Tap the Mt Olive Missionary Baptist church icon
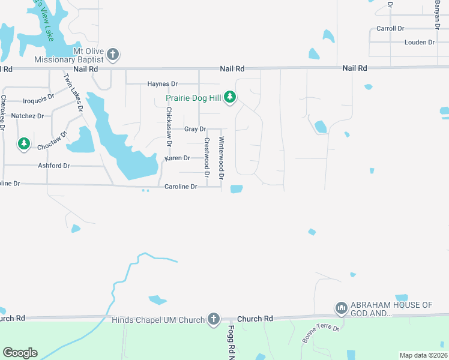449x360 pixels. pyautogui.click(x=112, y=55)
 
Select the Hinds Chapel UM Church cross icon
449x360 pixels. pyautogui.click(x=213, y=319)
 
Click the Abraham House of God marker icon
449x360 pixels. pyautogui.click(x=342, y=308)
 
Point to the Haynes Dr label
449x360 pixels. pyautogui.click(x=162, y=84)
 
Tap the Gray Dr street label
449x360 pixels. pyautogui.click(x=195, y=129)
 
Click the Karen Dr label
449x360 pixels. pyautogui.click(x=178, y=158)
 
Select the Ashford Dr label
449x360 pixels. pyautogui.click(x=54, y=166)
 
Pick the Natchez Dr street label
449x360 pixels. pyautogui.click(x=28, y=116)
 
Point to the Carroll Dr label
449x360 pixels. pyautogui.click(x=390, y=28)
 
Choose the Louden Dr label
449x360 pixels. pyautogui.click(x=419, y=43)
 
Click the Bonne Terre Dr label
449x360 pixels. pyautogui.click(x=321, y=334)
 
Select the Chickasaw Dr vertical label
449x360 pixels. pyautogui.click(x=169, y=127)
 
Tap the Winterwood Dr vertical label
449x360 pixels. pyautogui.click(x=221, y=158)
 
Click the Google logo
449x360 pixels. pyautogui.click(x=20, y=353)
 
